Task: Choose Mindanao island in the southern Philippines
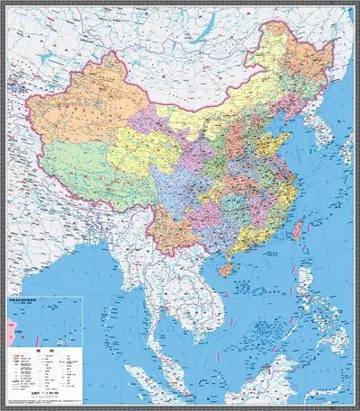pyautogui.click(x=333, y=346)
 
